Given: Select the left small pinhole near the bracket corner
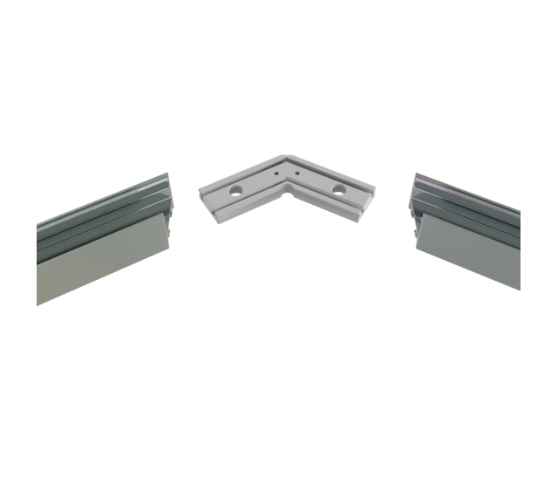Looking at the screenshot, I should pos(276,174).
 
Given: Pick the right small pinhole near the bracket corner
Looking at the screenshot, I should pos(295,174).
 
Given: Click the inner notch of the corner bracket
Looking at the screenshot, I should pos(285,197).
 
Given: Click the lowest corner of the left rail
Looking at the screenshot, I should pos(39,304).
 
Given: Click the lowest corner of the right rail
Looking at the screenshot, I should pos(521,290).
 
